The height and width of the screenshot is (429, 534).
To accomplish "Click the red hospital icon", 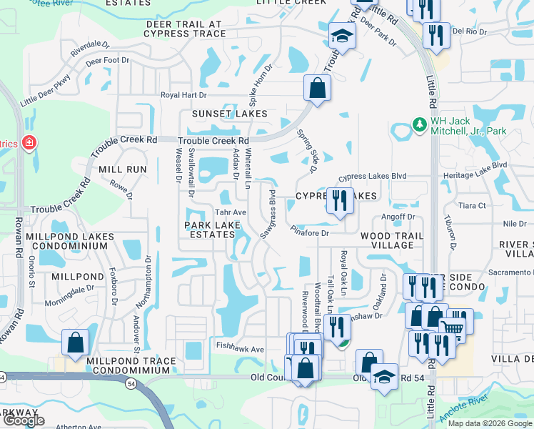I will (28, 143).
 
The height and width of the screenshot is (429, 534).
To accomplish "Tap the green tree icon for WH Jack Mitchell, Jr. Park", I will (419, 126).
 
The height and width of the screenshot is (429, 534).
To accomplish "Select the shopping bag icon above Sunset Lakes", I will (317, 89).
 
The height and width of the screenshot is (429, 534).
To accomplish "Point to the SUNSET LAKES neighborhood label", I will (229, 114).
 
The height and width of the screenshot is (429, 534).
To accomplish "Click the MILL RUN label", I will (123, 169).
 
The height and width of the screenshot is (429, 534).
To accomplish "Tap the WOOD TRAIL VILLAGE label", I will (392, 240).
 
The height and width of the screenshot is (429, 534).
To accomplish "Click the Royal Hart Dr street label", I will (183, 94).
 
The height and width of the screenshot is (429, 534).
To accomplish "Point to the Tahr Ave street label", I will (231, 212).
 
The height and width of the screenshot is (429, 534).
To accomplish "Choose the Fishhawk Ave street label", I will (241, 349).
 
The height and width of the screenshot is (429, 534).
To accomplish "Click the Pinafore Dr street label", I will (310, 232).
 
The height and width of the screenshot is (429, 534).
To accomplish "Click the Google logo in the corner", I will (24, 420).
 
